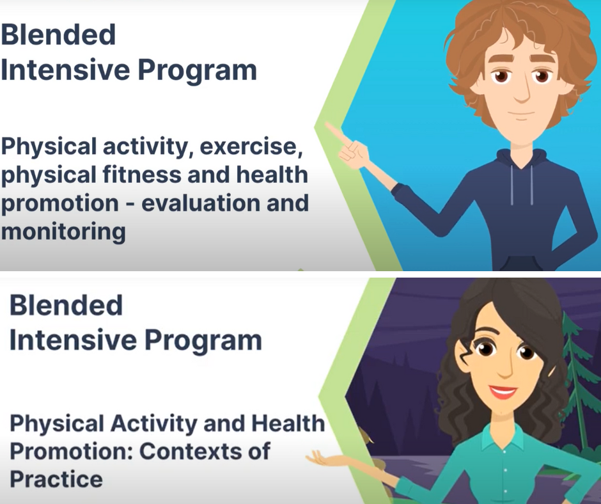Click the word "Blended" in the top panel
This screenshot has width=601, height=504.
click(x=58, y=35)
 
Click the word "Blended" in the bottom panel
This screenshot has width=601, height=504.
click(x=66, y=305)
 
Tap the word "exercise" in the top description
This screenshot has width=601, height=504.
click(x=251, y=146)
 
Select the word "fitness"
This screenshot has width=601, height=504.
click(x=142, y=175)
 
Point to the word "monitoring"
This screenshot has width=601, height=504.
click(x=63, y=232)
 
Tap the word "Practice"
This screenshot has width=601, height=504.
click(x=56, y=480)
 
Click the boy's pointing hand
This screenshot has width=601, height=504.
click(x=350, y=148)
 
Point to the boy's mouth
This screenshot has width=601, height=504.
click(x=521, y=114)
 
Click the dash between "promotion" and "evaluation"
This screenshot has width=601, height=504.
click(x=130, y=203)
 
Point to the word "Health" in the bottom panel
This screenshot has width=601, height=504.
click(x=288, y=423)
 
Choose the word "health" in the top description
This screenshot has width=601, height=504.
click(x=272, y=175)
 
